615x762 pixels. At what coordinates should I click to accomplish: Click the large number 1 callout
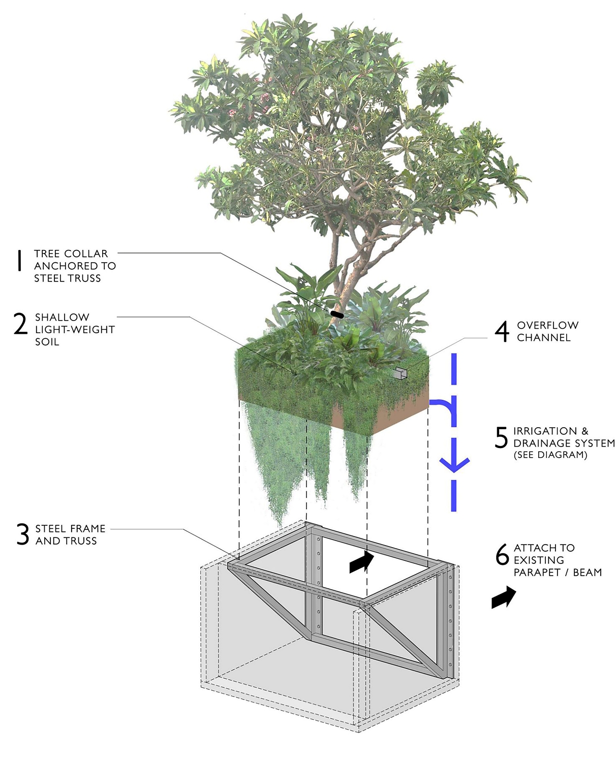[19, 260]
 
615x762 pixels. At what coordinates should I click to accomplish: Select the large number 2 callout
[20, 324]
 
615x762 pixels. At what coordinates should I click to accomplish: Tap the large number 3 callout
[22, 534]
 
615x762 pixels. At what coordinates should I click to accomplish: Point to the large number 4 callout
[502, 331]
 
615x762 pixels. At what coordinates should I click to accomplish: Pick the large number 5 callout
[501, 437]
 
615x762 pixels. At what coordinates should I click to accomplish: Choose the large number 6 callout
[502, 554]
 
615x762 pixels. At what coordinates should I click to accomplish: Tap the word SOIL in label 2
[47, 342]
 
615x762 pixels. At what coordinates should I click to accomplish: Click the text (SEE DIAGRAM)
[550, 455]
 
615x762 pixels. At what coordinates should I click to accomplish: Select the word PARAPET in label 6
[537, 573]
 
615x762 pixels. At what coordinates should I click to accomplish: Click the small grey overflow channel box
[400, 373]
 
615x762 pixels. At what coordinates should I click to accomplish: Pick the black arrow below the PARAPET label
[503, 597]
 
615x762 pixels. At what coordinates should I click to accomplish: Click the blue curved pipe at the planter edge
[442, 406]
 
